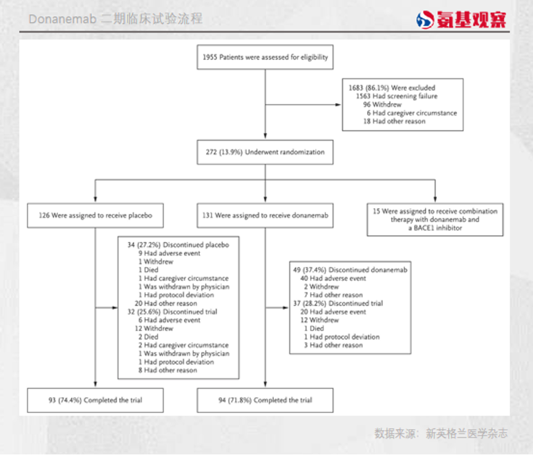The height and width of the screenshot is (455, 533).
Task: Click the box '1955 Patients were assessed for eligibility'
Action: (x=265, y=57)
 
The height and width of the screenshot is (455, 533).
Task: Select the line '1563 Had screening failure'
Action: (x=397, y=96)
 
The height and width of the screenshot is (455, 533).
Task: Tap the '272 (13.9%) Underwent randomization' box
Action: (x=265, y=151)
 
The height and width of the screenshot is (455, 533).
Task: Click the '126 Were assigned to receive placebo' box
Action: (x=95, y=216)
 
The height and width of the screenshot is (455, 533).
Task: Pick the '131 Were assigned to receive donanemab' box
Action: (x=265, y=216)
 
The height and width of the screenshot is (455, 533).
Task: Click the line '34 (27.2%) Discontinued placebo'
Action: (x=178, y=245)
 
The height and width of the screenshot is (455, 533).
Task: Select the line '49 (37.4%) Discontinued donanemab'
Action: (x=350, y=270)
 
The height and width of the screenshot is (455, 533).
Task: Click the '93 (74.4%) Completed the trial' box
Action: (x=95, y=400)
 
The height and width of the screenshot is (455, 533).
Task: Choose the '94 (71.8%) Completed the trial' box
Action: (x=265, y=400)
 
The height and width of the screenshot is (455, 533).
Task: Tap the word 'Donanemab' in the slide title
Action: (x=62, y=19)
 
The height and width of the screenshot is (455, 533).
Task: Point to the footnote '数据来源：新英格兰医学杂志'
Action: (x=440, y=434)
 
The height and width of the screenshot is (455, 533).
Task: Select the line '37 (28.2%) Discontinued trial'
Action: (x=338, y=304)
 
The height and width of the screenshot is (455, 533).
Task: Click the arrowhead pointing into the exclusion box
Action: (x=339, y=105)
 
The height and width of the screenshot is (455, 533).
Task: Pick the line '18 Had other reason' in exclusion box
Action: (x=395, y=122)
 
